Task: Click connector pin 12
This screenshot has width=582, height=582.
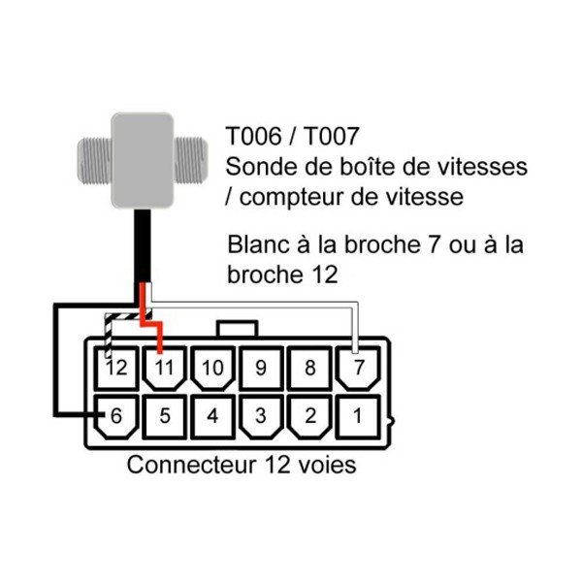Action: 116,369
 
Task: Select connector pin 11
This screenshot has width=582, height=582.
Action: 165,369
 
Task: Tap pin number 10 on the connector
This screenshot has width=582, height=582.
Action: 212,369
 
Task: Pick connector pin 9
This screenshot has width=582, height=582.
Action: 261,369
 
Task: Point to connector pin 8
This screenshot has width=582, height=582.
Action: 309,369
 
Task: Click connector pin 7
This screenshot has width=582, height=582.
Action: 358,369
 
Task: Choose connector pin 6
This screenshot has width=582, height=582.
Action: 116,417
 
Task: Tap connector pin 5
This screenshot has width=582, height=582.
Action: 165,417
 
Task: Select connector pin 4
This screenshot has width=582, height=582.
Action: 212,417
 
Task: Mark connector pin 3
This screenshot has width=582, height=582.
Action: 261,417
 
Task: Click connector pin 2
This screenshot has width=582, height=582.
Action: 309,417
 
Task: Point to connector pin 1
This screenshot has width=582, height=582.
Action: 358,417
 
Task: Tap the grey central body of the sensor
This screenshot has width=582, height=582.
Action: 143,160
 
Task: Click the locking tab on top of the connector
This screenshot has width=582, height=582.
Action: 238,329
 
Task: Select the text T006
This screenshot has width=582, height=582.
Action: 253,136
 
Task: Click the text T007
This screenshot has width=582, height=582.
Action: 331,136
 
